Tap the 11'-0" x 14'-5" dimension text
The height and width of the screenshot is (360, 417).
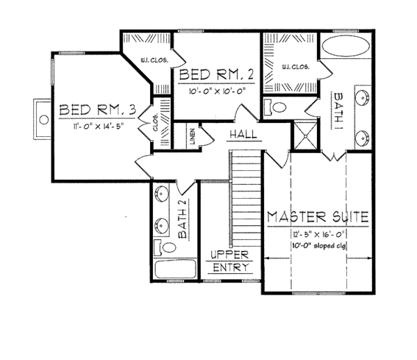coord(97,126)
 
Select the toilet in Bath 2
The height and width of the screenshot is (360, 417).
coord(159,247)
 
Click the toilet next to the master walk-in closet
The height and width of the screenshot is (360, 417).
coord(277,108)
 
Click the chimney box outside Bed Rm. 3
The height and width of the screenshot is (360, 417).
coord(42,117)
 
